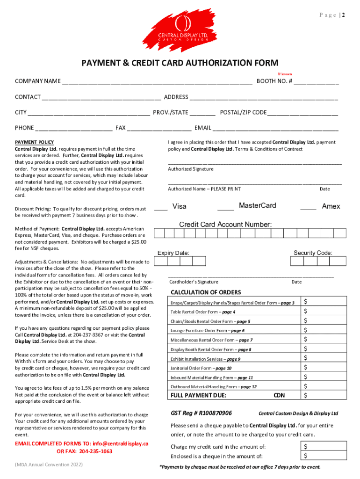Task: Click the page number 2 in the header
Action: click(343, 15)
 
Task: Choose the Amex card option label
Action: click(331, 206)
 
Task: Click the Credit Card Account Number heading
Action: click(225, 225)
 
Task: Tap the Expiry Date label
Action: click(173, 253)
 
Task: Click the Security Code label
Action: click(313, 253)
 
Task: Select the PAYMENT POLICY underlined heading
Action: click(35, 142)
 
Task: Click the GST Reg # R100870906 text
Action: click(201, 413)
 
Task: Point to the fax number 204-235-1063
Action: click(96, 451)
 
